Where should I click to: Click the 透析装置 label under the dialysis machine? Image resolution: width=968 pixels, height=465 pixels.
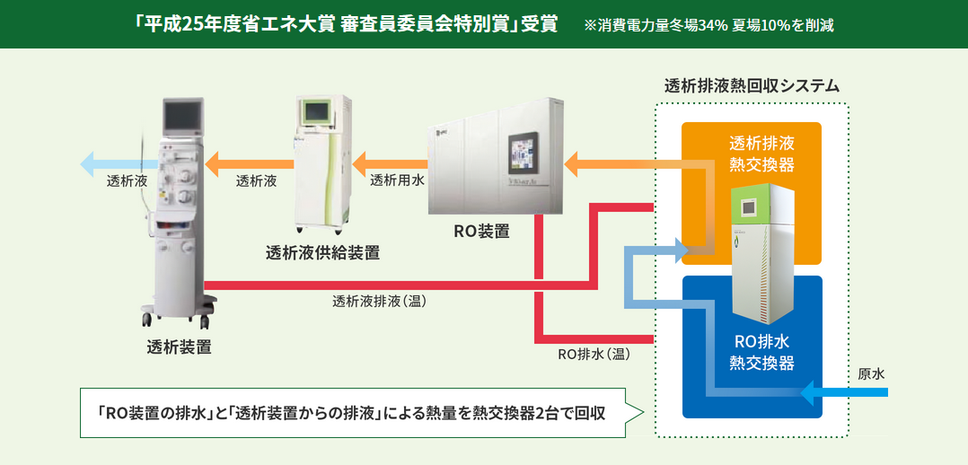[180, 347]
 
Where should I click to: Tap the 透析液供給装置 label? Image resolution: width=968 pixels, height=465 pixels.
[322, 252]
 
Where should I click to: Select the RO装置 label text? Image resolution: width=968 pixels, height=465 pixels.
[481, 231]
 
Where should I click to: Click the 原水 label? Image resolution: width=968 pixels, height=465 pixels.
[871, 372]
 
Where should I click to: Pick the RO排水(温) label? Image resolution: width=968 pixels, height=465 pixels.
[594, 354]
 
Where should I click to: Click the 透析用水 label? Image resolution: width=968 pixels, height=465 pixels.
[397, 180]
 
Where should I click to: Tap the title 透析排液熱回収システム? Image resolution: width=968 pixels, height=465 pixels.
[752, 86]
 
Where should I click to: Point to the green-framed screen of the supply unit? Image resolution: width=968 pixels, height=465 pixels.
[316, 111]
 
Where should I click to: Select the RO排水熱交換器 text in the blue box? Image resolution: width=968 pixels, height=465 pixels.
[761, 351]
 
